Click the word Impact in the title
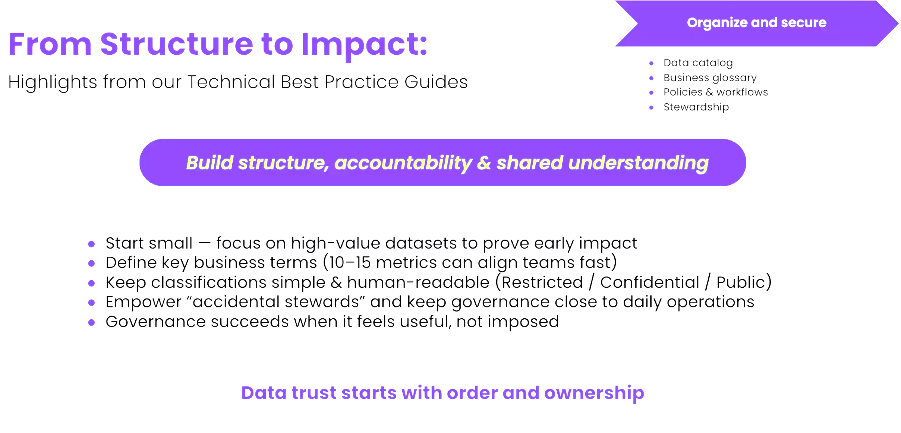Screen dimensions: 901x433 pos(364,45)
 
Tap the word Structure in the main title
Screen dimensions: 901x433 pos(177,44)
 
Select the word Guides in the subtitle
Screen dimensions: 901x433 pos(436,82)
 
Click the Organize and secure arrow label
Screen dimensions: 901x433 pos(757,23)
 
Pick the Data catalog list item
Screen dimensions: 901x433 pos(698,63)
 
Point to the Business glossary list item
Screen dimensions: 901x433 pos(710,78)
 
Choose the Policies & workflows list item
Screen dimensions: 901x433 pos(716,92)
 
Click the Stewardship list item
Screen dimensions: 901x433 pos(696,107)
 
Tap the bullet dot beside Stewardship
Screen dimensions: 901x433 pos(651,108)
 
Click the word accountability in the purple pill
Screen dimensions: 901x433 pos(403,163)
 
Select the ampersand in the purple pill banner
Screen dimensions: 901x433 pos(484,163)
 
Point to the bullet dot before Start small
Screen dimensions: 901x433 pos(91,244)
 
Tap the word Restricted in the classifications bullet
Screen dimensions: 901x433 pos(542,282)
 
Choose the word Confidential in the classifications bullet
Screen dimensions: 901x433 pos(650,282)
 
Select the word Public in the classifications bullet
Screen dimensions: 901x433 pos(741,282)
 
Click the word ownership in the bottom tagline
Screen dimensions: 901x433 pos(594,393)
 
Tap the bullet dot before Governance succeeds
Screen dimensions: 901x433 pos(91,322)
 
